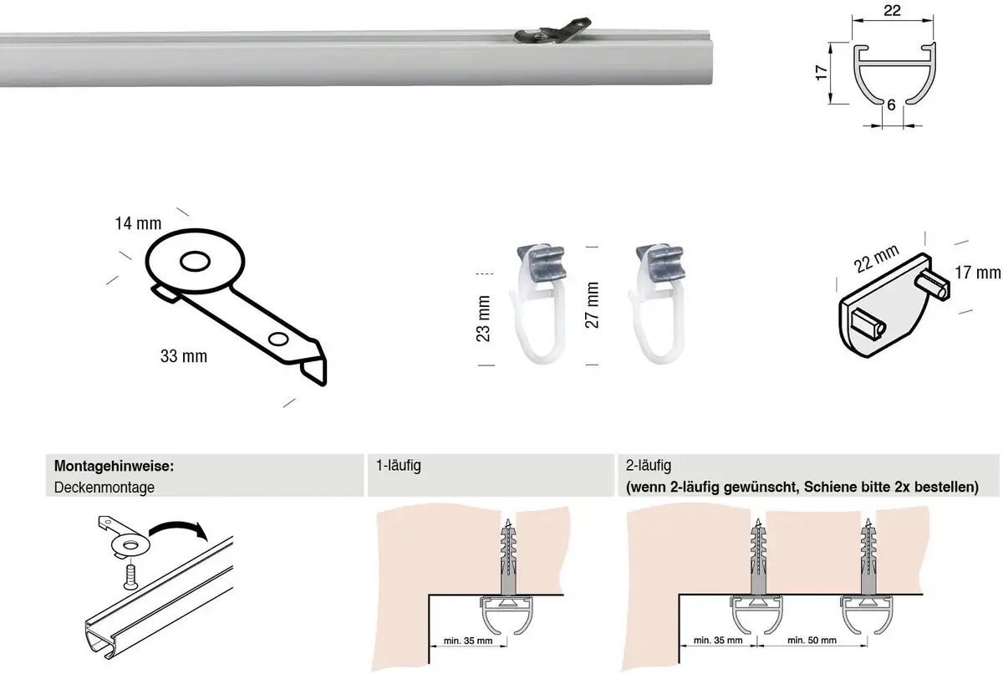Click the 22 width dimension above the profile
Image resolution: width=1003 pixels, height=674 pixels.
[x=892, y=10]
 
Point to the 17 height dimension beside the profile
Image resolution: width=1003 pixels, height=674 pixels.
[x=821, y=73]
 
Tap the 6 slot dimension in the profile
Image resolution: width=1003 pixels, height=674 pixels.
[x=891, y=105]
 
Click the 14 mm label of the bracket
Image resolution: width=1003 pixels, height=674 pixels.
[x=138, y=223]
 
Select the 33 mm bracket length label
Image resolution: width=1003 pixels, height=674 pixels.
[x=184, y=356]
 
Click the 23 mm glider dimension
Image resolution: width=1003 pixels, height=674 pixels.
[x=483, y=319]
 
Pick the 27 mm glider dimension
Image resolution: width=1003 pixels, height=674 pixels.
[x=592, y=305]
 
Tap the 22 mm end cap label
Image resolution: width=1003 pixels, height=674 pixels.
[x=876, y=258]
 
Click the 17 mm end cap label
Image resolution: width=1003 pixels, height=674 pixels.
[x=977, y=273]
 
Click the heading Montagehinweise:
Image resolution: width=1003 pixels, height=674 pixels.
[x=114, y=466]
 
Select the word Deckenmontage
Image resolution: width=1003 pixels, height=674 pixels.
[x=104, y=488]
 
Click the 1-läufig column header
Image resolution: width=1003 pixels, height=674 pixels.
[x=398, y=466]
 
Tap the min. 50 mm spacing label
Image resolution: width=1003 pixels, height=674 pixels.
[x=812, y=641]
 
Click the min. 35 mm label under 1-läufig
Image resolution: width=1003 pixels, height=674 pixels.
[x=468, y=641]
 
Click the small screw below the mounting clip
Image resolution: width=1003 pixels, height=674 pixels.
[x=130, y=577]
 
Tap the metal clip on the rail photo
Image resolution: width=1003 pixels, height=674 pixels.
[x=553, y=30]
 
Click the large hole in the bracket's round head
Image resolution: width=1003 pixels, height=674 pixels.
[x=195, y=262]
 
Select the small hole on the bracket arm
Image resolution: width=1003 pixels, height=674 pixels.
[x=278, y=339]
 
